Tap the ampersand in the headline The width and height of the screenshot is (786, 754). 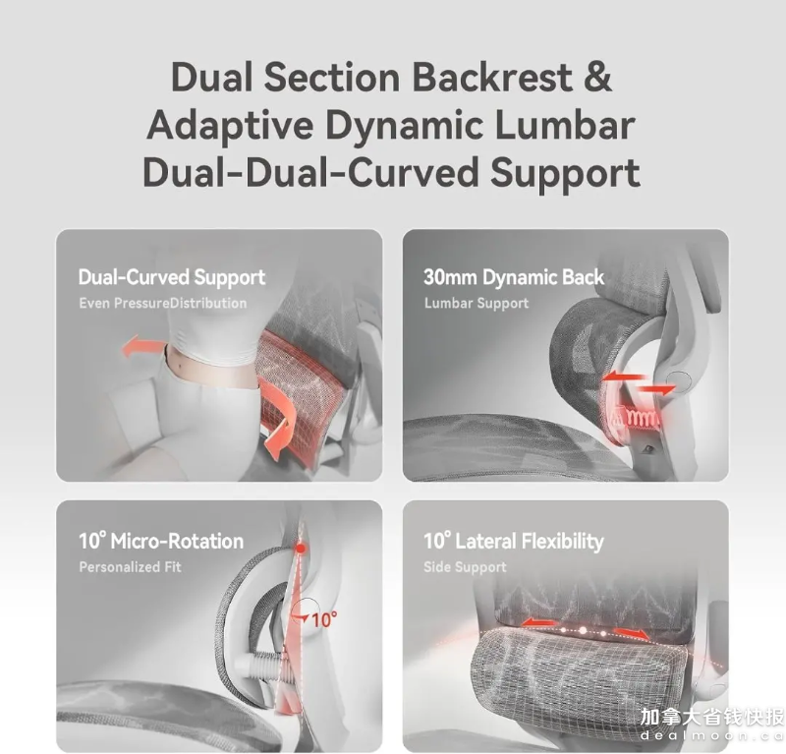coord(597,78)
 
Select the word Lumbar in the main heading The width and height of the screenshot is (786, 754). coord(565,125)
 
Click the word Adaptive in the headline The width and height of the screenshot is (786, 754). coord(230,126)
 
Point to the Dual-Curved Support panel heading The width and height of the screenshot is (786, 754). coord(171,277)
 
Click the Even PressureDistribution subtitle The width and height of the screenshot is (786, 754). coord(162,303)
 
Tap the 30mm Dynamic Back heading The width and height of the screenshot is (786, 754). coord(514,277)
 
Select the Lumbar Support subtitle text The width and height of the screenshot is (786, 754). coord(477,304)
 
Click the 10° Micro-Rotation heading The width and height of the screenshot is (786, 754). coord(161,541)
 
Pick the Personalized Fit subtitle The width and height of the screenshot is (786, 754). coord(130,567)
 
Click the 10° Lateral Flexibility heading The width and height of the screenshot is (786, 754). coord(513,542)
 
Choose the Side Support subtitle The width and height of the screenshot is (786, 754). coord(465,567)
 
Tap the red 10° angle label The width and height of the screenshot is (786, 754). coord(324,620)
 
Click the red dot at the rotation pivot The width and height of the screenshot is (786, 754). coord(301,549)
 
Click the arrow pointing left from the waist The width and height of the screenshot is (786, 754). coord(143,347)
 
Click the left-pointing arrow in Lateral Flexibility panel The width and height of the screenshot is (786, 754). coord(537,623)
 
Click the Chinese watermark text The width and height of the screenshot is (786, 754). coord(712,717)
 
